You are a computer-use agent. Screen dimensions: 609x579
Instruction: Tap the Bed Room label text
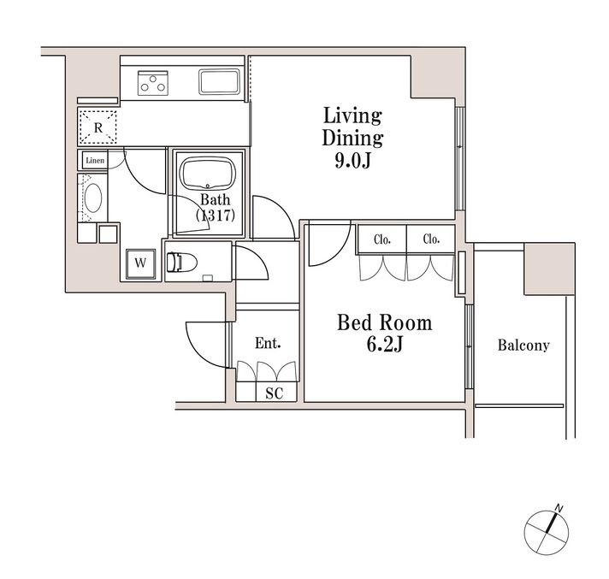(385, 322)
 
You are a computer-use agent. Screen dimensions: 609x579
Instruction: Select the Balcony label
(523, 346)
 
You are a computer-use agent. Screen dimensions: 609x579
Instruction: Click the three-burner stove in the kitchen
(153, 83)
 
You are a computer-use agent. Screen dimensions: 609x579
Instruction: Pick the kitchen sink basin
(220, 81)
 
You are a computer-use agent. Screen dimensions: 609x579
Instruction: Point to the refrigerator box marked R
(98, 127)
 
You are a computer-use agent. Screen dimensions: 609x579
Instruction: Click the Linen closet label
(95, 161)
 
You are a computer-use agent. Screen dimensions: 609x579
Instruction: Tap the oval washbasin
(93, 198)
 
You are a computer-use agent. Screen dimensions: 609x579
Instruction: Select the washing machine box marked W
(140, 264)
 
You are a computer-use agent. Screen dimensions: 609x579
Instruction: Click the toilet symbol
(182, 262)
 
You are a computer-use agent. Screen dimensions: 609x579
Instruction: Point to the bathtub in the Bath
(207, 174)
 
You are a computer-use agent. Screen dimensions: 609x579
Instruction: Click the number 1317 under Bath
(216, 216)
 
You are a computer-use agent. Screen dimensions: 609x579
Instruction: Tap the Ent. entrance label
(268, 343)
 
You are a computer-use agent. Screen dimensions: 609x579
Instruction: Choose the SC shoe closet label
(275, 393)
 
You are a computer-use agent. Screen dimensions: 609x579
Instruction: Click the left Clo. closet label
(382, 239)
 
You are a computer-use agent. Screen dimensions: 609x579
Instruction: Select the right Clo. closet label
(431, 239)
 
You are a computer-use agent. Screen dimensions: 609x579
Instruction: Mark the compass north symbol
(547, 532)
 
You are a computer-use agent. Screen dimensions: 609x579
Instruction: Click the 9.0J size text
(352, 160)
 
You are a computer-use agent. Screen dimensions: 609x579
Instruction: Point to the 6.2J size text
(385, 344)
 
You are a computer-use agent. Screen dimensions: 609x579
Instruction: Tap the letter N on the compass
(559, 508)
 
